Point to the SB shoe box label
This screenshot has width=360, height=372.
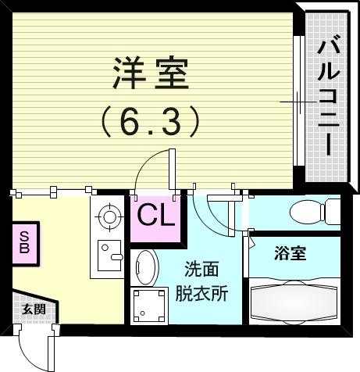[24, 242]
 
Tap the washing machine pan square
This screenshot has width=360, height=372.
[149, 306]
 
